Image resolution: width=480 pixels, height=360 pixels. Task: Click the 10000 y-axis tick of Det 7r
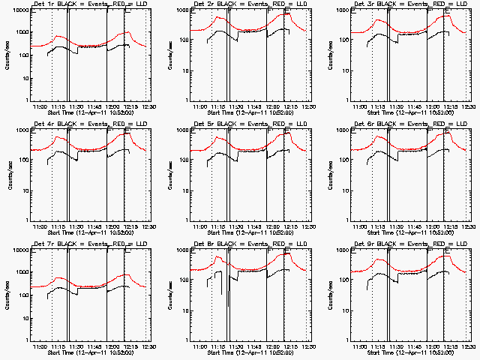click(x=18, y=250)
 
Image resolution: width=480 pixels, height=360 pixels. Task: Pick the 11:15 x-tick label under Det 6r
click(x=377, y=226)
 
